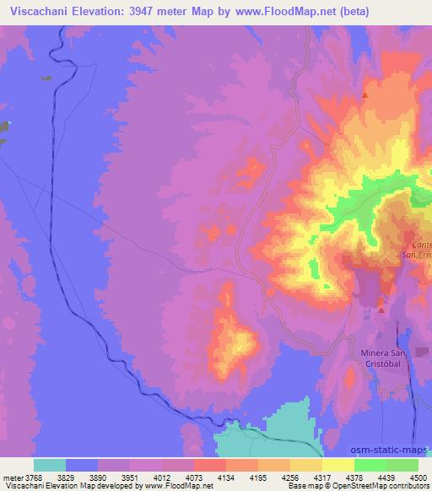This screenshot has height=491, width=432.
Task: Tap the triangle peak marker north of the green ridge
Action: (x=365, y=96)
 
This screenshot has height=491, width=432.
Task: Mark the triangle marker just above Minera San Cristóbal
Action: (x=381, y=310)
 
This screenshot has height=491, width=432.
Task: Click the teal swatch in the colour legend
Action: (x=50, y=465)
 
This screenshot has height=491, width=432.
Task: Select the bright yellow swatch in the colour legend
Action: (x=337, y=465)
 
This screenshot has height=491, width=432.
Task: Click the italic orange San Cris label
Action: (x=417, y=254)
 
